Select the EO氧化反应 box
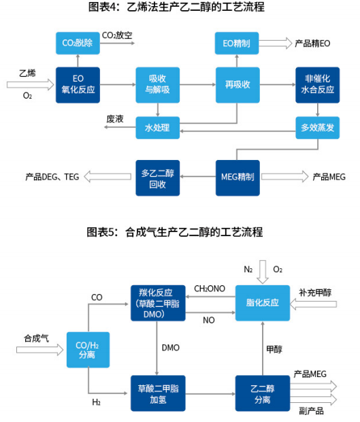(x=77, y=84)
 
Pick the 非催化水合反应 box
(x=317, y=84)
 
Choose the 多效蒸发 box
(x=317, y=127)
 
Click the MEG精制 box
(x=237, y=177)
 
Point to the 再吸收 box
(x=237, y=84)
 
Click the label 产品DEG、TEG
(x=52, y=177)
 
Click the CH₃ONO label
(x=209, y=289)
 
